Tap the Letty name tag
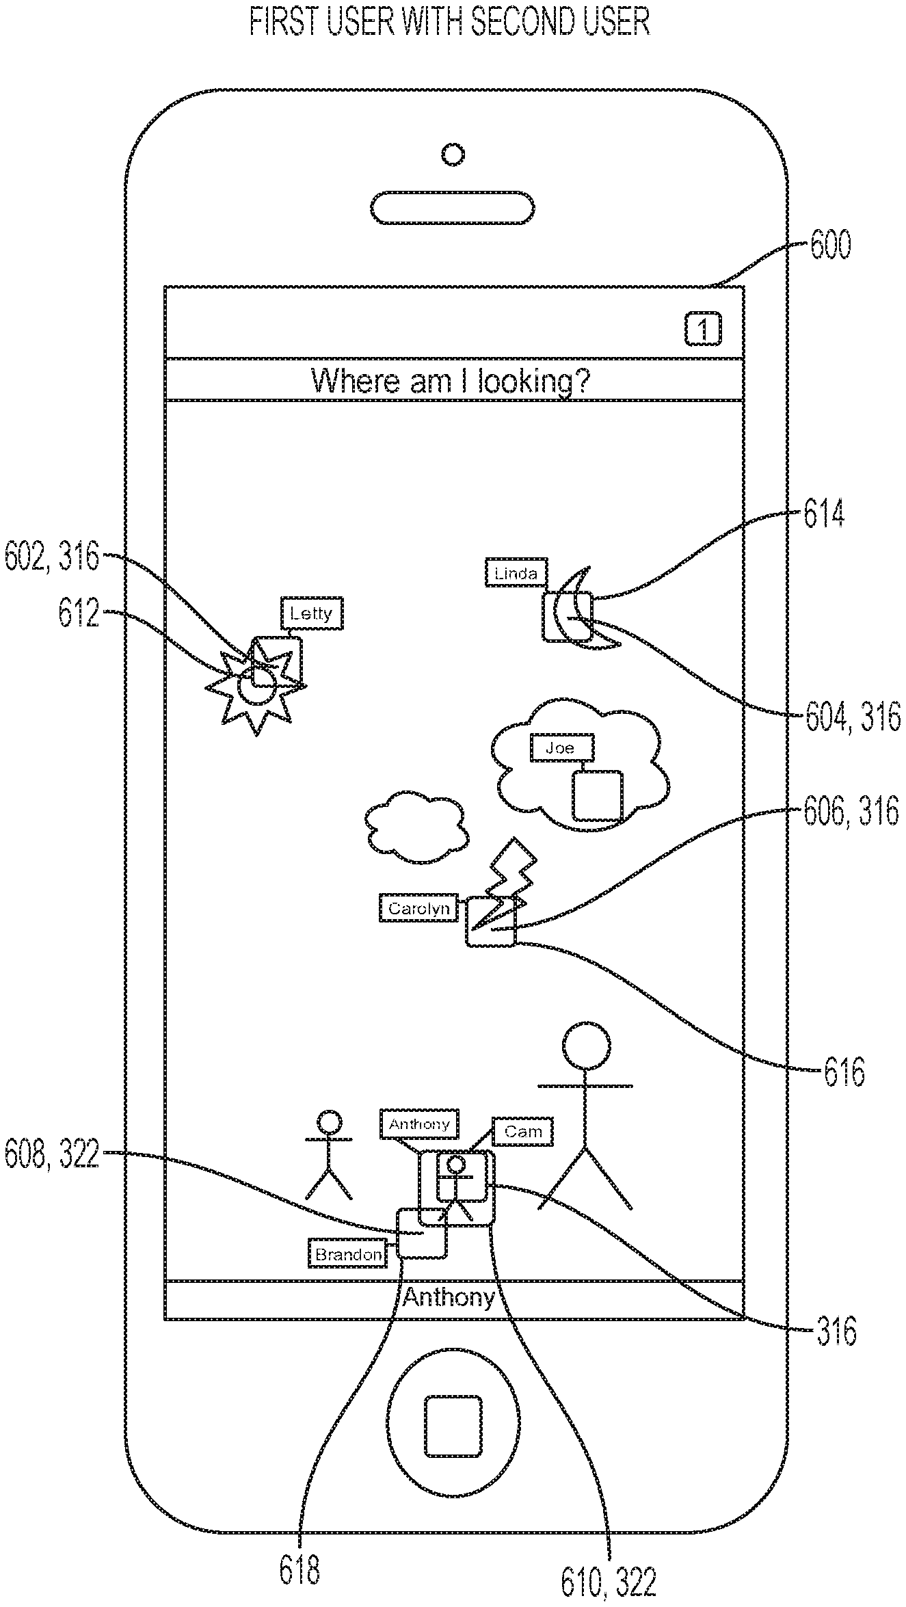coord(311,613)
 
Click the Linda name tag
coord(516,573)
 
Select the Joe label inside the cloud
coord(561,748)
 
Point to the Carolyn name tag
coord(418,908)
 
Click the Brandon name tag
coord(347,1254)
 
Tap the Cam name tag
coord(522,1132)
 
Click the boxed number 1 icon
coord(702,330)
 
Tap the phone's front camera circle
coord(453,155)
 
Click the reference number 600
coord(830,245)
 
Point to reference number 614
coord(823,515)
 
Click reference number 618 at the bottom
coord(299,1569)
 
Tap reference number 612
coord(79,613)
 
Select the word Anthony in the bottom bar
coord(449,1297)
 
